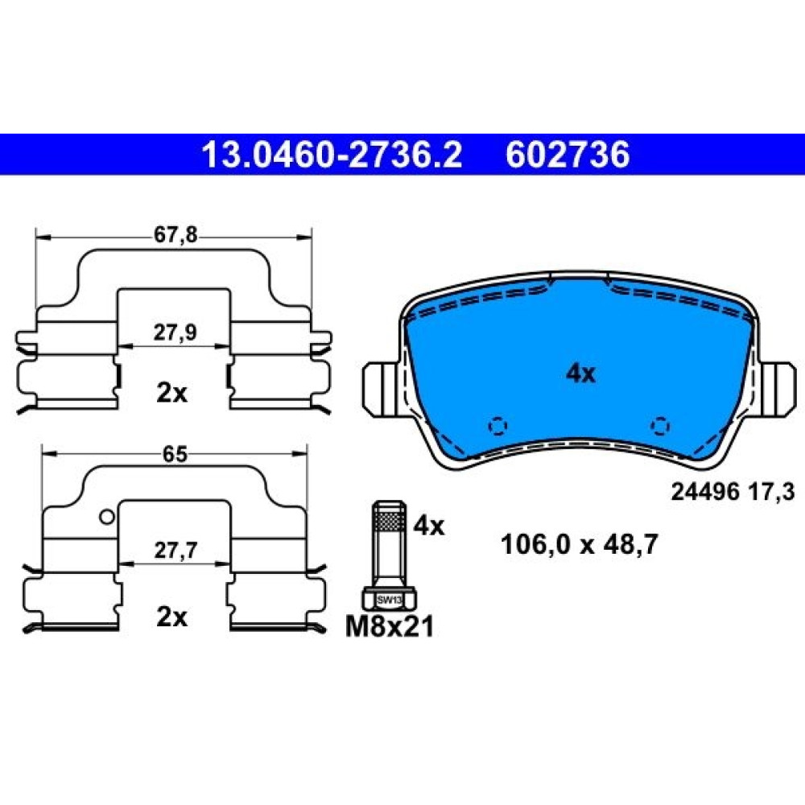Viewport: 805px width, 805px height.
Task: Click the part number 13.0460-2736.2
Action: pos(332,155)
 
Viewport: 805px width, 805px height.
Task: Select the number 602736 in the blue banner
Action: pos(568,155)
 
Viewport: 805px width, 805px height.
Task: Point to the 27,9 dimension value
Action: pos(175,332)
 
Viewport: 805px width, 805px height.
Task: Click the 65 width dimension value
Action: pos(175,454)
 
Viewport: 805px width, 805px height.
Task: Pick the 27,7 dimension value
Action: pos(175,551)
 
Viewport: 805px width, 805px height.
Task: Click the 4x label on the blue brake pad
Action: pos(580,374)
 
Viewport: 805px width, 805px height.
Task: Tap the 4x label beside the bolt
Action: pos(429,526)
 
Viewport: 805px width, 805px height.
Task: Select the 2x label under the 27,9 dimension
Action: pos(172,394)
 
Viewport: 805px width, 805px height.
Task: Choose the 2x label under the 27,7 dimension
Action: pos(172,617)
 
